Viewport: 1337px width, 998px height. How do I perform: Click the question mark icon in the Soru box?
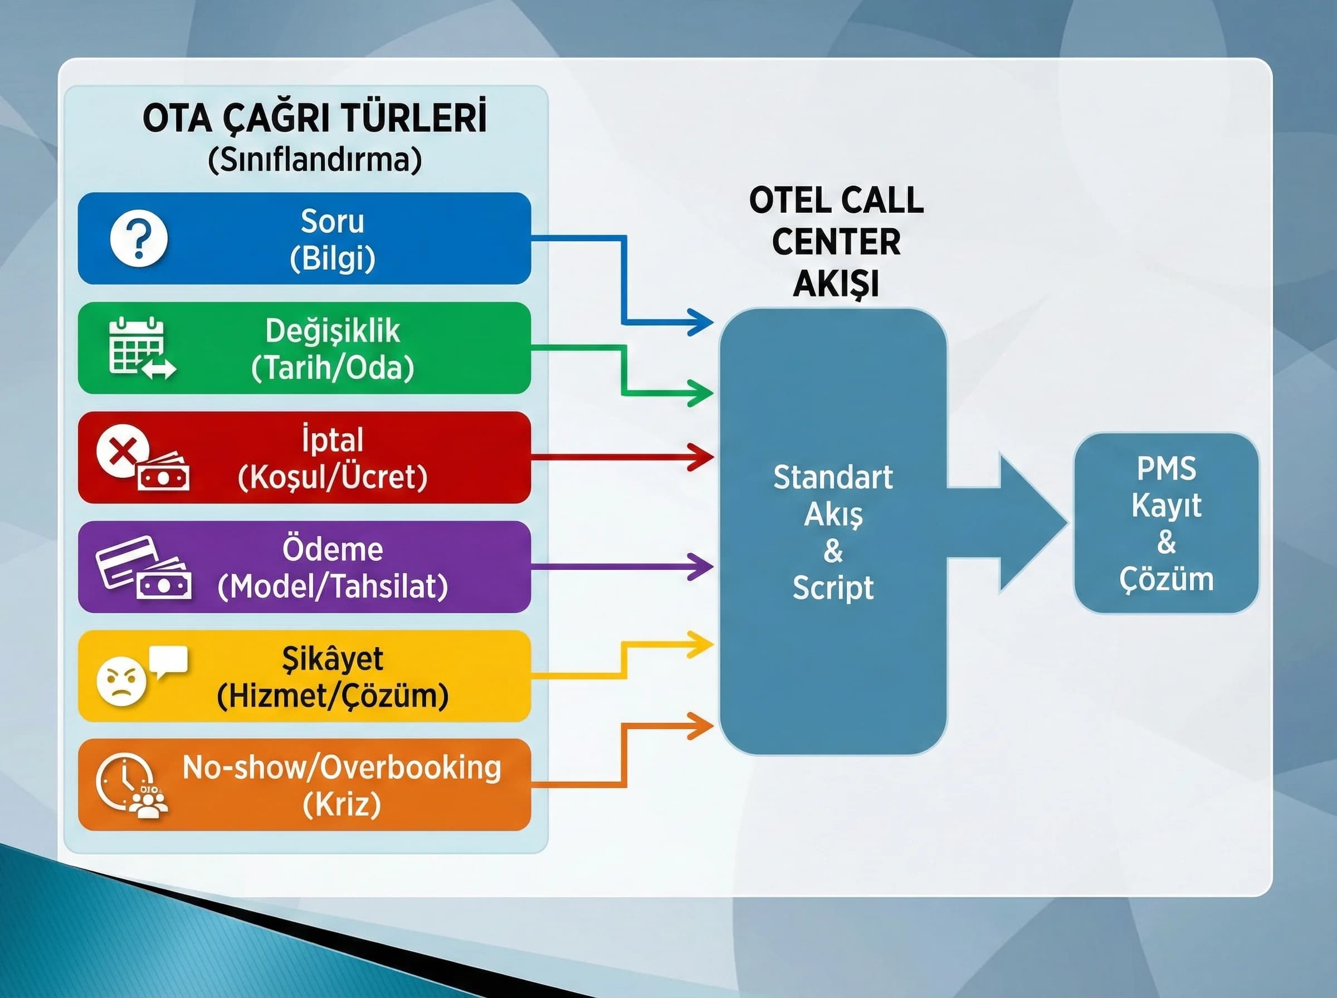point(139,238)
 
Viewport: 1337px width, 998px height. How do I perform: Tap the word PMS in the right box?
point(1165,469)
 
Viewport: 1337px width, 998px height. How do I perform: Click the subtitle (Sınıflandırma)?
point(314,160)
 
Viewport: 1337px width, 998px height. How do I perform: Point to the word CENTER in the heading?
point(836,242)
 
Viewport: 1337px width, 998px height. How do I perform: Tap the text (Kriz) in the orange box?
point(341,805)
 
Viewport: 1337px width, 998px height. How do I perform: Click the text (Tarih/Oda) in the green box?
point(332,368)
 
